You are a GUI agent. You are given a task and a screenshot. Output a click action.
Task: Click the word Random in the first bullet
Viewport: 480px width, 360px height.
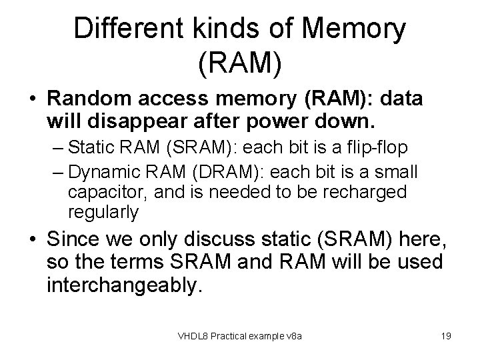[89, 101]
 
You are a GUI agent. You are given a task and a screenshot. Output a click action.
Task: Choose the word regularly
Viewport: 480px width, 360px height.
[103, 213]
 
